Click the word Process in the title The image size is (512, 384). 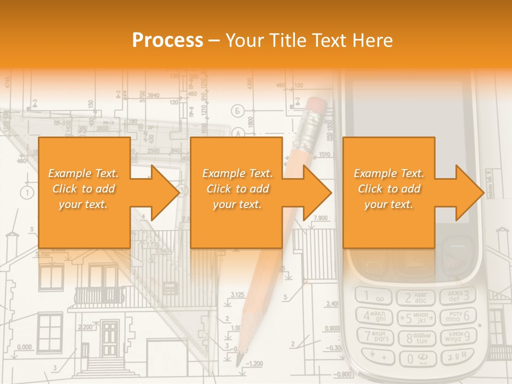pyautogui.click(x=167, y=40)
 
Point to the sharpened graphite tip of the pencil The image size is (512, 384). pyautogui.click(x=239, y=359)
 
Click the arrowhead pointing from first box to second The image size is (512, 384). pyautogui.click(x=166, y=193)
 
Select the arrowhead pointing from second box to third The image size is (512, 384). pyautogui.click(x=318, y=193)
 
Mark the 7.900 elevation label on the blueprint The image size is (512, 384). pyautogui.click(x=320, y=218)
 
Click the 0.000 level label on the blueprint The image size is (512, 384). pyautogui.click(x=24, y=347)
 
